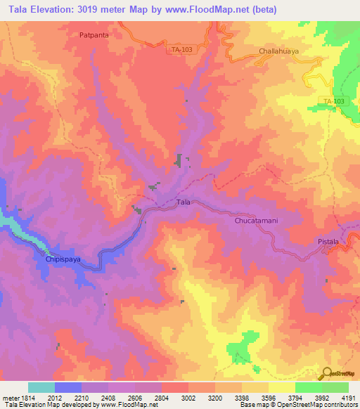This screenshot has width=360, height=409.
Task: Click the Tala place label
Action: pos(183,202)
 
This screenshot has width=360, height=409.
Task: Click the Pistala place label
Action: pos(327,242)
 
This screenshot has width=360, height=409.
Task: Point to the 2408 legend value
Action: pos(107,397)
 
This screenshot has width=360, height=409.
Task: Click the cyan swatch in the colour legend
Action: pos(41,387)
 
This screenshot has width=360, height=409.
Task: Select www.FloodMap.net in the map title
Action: pos(214,9)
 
